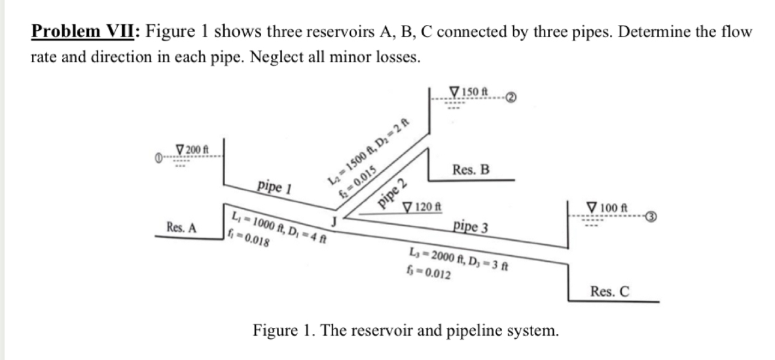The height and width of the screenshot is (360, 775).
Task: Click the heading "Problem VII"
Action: (85, 31)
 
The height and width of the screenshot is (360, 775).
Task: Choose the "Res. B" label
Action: (471, 169)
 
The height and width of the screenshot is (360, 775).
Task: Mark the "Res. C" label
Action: (609, 291)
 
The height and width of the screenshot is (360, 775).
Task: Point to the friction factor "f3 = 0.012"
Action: (427, 269)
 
